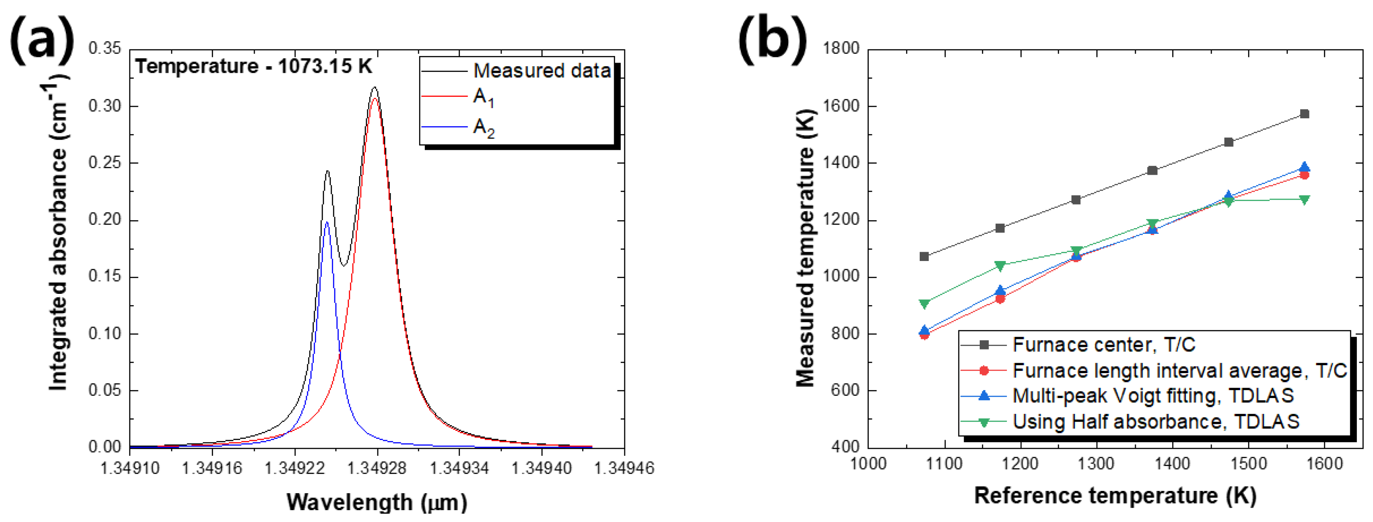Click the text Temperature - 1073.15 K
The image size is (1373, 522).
(253, 66)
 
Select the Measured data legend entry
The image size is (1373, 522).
(541, 71)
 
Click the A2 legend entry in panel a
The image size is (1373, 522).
(484, 128)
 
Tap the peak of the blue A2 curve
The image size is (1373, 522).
(327, 222)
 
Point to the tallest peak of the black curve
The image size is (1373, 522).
(375, 88)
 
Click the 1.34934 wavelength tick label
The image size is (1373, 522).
(459, 469)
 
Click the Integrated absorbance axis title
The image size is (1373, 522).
(59, 234)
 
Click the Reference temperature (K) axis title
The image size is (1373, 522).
(1115, 495)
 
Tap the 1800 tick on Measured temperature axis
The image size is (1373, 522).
(841, 49)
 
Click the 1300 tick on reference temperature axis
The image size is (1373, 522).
(1096, 463)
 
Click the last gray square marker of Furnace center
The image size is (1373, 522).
(1304, 114)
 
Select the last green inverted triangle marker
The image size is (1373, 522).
(1304, 200)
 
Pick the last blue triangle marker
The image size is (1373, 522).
(1304, 168)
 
